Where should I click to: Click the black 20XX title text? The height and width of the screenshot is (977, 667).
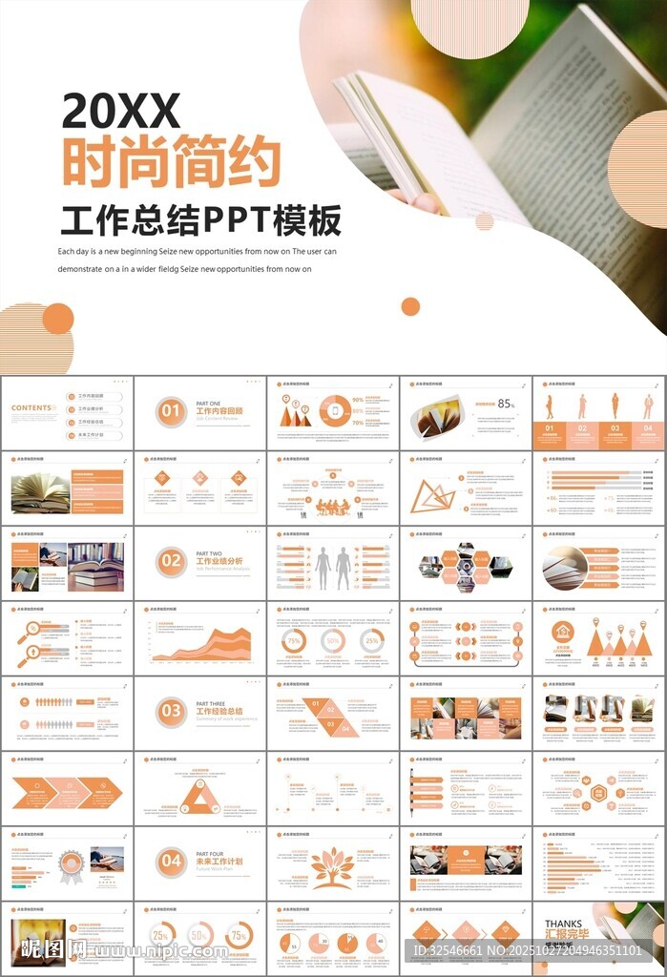pyautogui.click(x=121, y=112)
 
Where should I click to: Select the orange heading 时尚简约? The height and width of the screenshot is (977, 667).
pyautogui.click(x=172, y=163)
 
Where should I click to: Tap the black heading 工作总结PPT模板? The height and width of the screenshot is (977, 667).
pyautogui.click(x=200, y=220)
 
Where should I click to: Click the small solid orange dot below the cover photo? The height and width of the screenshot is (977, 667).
pyautogui.click(x=410, y=306)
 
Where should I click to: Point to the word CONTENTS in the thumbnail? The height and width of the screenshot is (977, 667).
pyautogui.click(x=31, y=408)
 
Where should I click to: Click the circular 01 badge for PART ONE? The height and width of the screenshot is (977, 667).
pyautogui.click(x=171, y=412)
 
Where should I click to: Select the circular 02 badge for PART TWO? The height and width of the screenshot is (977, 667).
pyautogui.click(x=171, y=561)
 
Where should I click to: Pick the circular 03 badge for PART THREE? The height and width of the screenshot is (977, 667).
pyautogui.click(x=171, y=711)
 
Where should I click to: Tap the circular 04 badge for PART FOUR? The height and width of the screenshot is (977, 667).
pyautogui.click(x=171, y=862)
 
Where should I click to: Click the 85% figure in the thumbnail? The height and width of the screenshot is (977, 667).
pyautogui.click(x=506, y=404)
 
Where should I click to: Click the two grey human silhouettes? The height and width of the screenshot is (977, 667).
pyautogui.click(x=333, y=569)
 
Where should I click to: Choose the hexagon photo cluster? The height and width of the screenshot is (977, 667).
pyautogui.click(x=466, y=568)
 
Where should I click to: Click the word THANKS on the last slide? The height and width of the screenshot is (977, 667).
pyautogui.click(x=563, y=925)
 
